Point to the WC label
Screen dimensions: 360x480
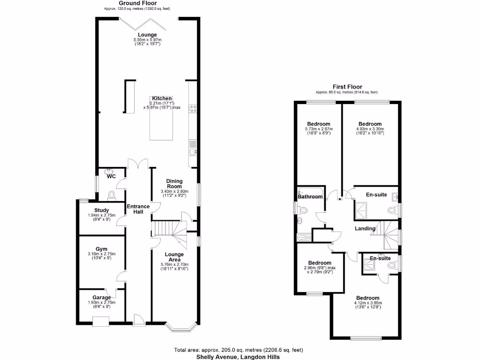tap(111, 177)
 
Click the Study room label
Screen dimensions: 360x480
tap(102, 210)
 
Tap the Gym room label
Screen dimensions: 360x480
tap(102, 249)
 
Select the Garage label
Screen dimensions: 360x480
tap(102, 298)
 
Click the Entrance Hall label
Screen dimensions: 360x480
tap(138, 209)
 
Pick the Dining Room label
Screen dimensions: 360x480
tap(174, 184)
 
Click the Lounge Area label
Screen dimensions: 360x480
tap(174, 257)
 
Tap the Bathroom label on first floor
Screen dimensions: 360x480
tap(310, 197)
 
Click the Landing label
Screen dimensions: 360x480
tap(365, 229)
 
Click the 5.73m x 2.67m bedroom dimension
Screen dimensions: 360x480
tap(319, 129)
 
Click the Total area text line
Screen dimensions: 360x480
tap(239, 350)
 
